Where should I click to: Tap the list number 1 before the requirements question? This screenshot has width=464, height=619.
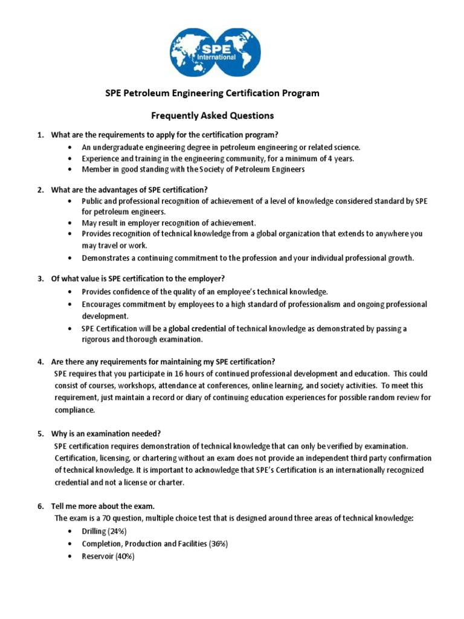pyautogui.click(x=40, y=134)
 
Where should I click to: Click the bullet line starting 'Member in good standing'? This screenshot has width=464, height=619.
pyautogui.click(x=193, y=169)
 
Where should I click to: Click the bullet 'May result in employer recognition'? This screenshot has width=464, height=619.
pyautogui.click(x=169, y=222)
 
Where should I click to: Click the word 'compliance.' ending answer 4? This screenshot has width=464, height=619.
pyautogui.click(x=75, y=410)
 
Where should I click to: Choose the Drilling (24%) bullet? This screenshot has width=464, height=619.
pyautogui.click(x=104, y=531)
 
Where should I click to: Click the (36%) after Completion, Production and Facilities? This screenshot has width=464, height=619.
pyautogui.click(x=218, y=543)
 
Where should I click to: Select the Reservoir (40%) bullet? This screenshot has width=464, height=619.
pyautogui.click(x=108, y=556)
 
